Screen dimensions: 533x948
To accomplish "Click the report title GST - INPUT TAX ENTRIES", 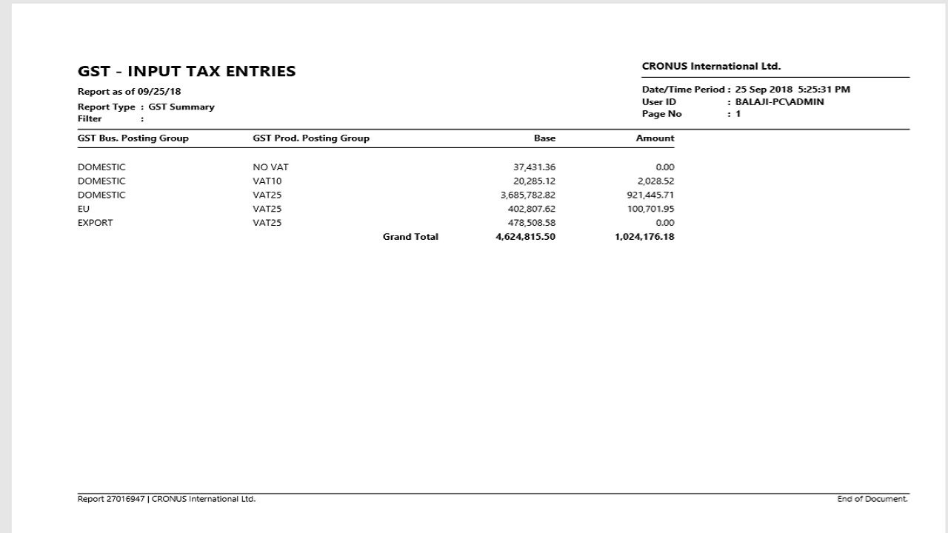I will click(x=187, y=72).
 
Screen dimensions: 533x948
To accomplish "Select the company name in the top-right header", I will click(x=711, y=67).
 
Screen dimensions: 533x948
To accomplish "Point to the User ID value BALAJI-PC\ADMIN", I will click(x=779, y=102).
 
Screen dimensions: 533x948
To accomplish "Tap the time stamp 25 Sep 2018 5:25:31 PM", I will click(x=792, y=90).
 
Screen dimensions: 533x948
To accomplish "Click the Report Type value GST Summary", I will click(x=181, y=107).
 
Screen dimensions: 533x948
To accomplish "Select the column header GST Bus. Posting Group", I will click(x=133, y=138).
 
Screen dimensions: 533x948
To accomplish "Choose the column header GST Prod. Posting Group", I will click(x=311, y=138).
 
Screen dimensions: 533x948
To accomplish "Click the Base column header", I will click(x=544, y=138).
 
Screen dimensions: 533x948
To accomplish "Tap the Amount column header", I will click(x=655, y=138).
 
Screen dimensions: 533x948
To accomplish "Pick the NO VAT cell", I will click(x=270, y=167).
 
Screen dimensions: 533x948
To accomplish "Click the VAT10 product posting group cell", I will click(x=267, y=181).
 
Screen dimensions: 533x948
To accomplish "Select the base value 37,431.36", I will click(x=529, y=167).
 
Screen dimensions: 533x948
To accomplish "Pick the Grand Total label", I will click(x=410, y=238).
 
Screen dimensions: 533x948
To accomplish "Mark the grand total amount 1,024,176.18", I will click(x=644, y=238).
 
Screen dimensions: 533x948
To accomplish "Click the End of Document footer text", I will click(x=872, y=500).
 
